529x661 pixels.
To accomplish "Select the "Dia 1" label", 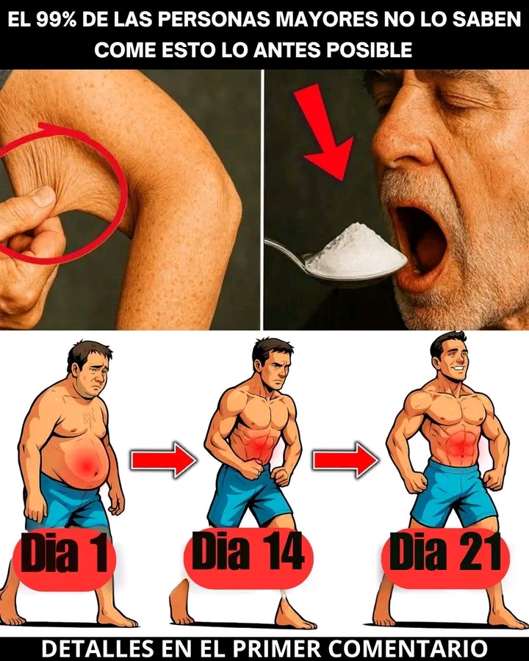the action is (x=64, y=553).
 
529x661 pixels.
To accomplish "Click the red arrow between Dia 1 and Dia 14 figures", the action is (x=164, y=460).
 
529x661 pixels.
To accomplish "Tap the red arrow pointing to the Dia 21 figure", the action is (x=345, y=460).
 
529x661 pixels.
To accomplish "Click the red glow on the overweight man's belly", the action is (x=86, y=463).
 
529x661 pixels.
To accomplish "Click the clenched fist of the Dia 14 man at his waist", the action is (x=252, y=471).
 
